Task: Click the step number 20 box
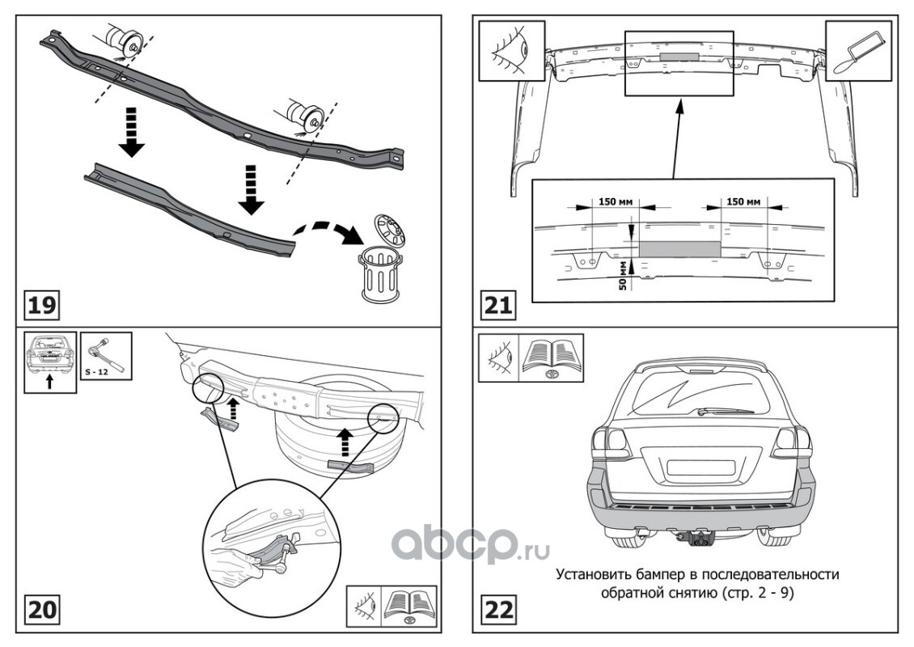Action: coord(42,608)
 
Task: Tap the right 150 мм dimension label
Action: coord(743,201)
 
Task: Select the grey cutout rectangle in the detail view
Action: coord(680,248)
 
